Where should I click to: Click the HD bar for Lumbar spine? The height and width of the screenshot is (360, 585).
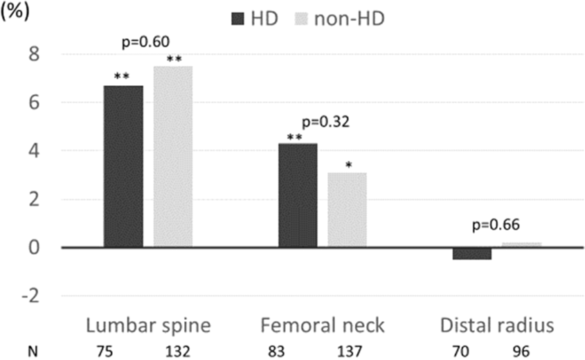tap(123, 166)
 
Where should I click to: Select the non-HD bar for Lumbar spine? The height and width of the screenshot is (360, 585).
tap(173, 156)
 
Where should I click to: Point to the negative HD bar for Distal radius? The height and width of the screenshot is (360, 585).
tap(472, 253)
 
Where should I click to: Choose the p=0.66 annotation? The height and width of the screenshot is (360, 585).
tap(496, 225)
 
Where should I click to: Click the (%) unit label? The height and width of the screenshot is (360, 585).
tap(16, 14)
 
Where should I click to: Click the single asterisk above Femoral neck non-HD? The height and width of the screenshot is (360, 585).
tap(348, 166)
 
